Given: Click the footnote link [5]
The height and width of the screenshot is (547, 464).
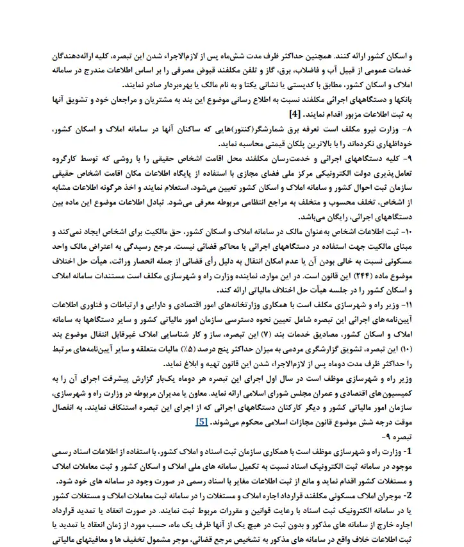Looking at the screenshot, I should click(x=201, y=423).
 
